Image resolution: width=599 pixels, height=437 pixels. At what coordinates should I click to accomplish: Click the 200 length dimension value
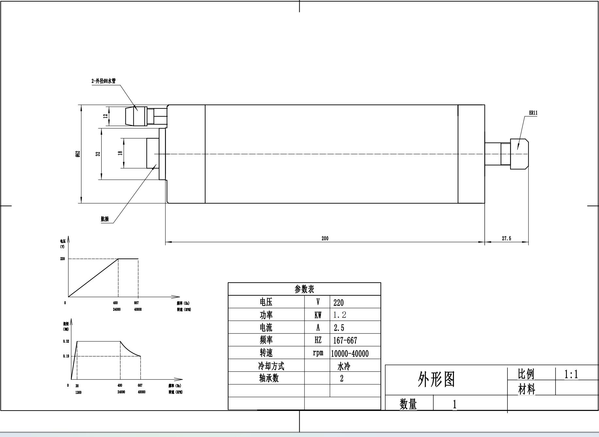point(325,238)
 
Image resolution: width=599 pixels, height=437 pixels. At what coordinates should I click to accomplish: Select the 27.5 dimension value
point(506,238)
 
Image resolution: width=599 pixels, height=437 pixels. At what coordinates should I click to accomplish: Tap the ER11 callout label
point(533,113)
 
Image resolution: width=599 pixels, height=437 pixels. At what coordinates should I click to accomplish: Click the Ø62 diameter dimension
point(78,154)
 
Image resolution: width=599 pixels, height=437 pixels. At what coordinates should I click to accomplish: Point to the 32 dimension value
point(98,154)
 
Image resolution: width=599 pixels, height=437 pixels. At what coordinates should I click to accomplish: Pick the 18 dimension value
point(120,153)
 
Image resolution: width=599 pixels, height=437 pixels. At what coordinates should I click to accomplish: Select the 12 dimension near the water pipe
point(105,116)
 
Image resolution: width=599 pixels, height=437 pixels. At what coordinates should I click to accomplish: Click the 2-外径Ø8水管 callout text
point(103,81)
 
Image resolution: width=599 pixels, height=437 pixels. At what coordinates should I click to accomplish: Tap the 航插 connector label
point(105,219)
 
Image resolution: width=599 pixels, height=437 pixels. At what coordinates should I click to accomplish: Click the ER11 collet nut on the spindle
point(519,154)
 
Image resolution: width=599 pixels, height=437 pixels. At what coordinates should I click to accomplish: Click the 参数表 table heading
point(304,289)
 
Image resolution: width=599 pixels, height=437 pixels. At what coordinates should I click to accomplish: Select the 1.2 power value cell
point(340,315)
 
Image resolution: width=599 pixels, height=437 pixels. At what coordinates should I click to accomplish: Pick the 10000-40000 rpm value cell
point(350,353)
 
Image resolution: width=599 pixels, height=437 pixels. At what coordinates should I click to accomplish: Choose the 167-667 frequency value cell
point(345,340)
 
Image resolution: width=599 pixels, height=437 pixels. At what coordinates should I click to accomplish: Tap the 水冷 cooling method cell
point(343,366)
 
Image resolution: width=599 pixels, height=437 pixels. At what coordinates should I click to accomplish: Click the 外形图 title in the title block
point(437,380)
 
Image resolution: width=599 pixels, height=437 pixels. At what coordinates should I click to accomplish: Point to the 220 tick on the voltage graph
point(62,259)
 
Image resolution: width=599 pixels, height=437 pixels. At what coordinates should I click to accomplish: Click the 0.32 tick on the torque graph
point(66,341)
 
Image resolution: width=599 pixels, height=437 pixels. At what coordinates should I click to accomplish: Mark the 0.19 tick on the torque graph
point(66,356)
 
